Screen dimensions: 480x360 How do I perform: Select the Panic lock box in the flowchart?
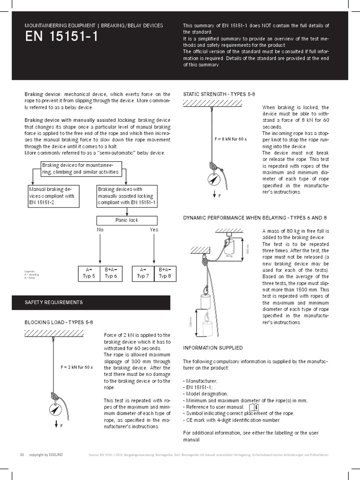tap(127, 220)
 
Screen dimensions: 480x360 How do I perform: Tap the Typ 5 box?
tap(89, 273)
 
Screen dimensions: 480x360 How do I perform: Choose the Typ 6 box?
tap(111, 273)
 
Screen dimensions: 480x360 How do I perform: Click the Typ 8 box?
tap(165, 273)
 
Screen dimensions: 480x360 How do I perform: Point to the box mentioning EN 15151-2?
tap(52, 196)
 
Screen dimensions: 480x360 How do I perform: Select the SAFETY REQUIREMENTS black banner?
tap(91, 302)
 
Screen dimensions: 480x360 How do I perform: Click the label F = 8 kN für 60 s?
tap(231, 139)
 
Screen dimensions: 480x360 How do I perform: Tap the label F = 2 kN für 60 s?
tap(76, 367)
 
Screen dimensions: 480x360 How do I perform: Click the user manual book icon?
tap(254, 406)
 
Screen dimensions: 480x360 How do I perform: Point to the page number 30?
tap(22, 455)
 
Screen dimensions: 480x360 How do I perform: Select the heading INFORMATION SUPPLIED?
tap(212, 348)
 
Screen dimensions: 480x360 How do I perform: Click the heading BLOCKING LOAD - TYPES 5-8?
tap(59, 322)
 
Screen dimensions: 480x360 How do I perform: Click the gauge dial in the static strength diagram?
tap(214, 179)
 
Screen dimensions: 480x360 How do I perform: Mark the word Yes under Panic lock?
tap(154, 230)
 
